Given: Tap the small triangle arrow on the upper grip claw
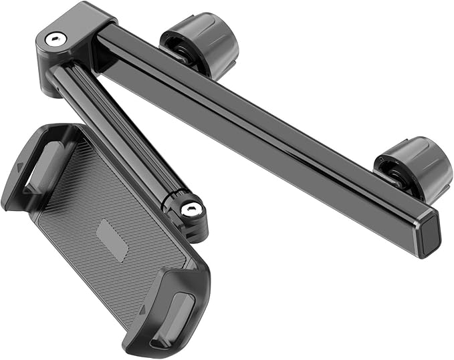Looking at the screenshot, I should click(21, 168).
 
